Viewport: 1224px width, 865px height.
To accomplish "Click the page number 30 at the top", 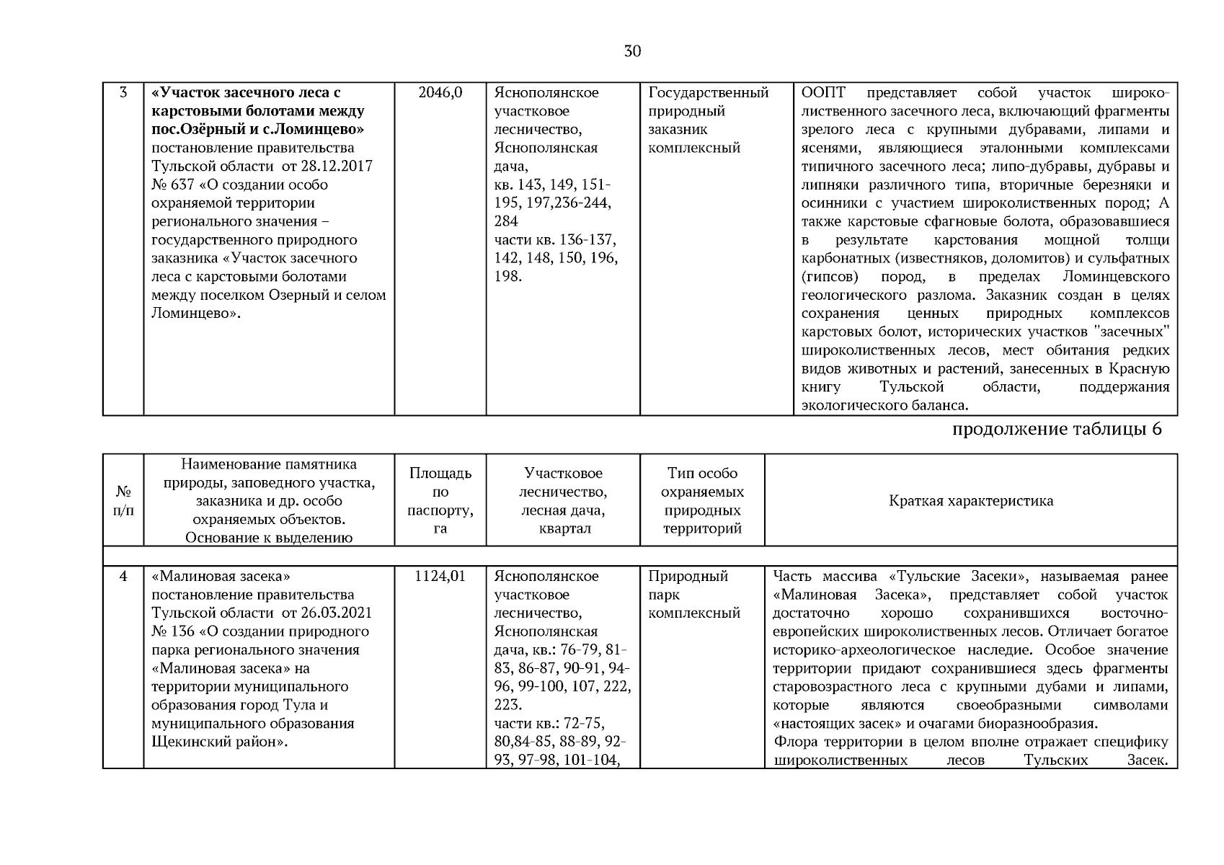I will tap(632, 51).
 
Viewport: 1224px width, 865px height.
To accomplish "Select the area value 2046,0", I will tap(440, 93).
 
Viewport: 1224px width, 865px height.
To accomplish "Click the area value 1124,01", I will tap(440, 577).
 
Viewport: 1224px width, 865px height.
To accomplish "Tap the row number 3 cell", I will tap(123, 93).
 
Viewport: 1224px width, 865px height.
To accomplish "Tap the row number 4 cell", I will tap(123, 577).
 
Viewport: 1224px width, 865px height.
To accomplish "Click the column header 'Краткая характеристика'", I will tap(970, 501).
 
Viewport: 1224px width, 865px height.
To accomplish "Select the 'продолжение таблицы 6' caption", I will tap(1057, 430).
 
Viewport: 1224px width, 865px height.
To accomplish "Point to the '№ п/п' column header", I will tap(123, 501).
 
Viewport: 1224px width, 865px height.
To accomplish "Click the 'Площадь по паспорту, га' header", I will tap(440, 501).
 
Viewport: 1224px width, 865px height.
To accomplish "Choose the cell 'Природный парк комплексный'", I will tap(693, 595).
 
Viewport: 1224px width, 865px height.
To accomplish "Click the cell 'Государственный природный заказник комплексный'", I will tap(708, 120).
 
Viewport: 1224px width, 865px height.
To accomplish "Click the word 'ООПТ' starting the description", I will tap(822, 93).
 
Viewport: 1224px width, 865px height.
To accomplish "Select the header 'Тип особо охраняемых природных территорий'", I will tap(702, 501).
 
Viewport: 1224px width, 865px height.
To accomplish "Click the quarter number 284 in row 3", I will tap(506, 222).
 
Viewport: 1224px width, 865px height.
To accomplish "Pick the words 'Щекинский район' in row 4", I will tap(213, 742).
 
